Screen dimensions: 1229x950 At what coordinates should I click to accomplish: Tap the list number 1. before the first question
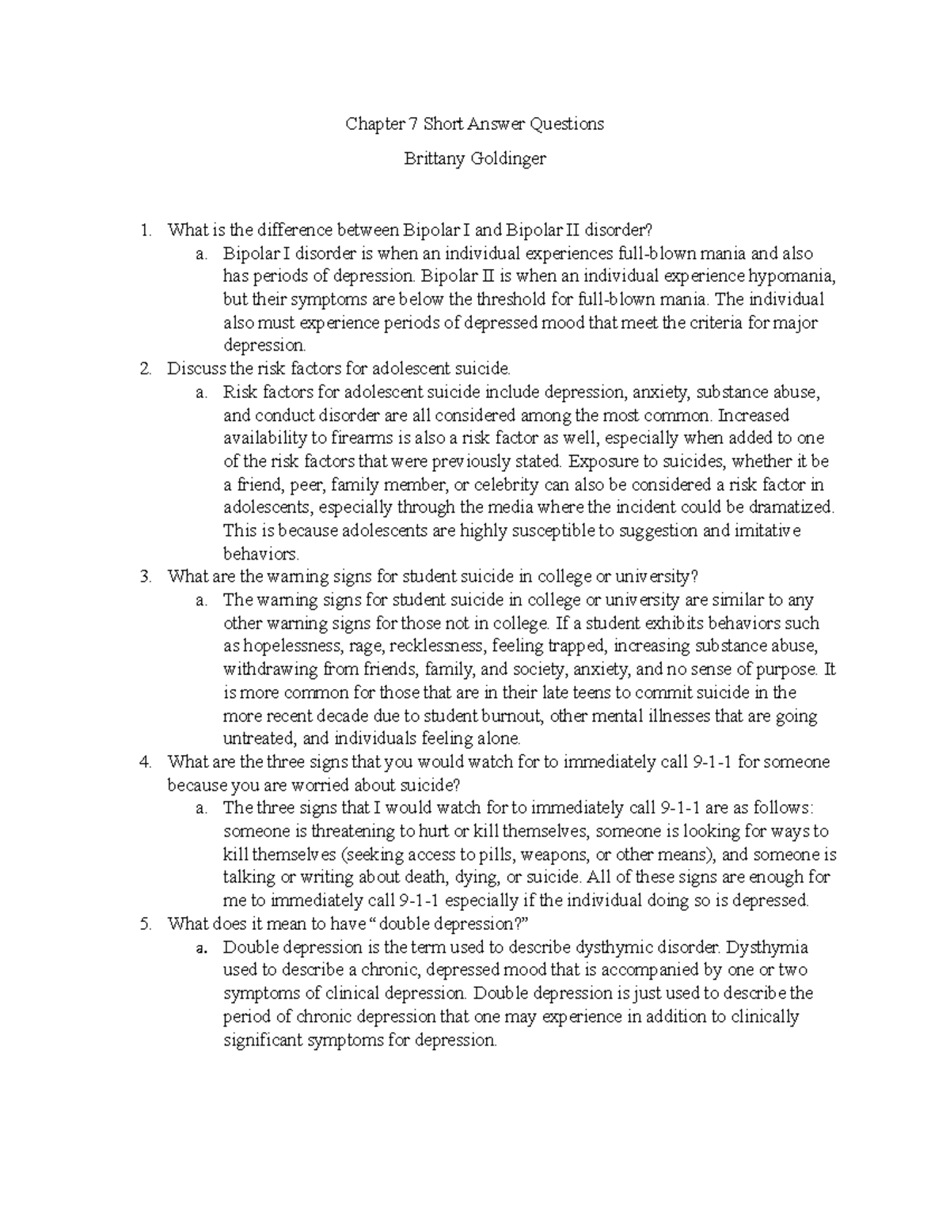(144, 230)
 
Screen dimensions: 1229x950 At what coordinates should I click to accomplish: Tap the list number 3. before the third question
(144, 576)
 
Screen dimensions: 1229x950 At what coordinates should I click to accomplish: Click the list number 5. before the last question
(144, 924)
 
